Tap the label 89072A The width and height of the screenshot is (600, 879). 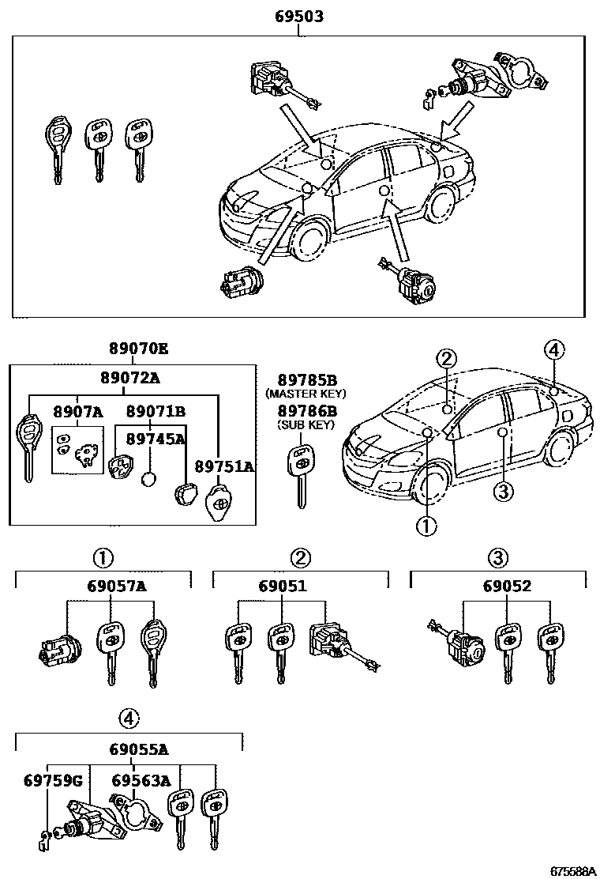(x=130, y=379)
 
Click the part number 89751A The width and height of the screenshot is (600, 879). (x=225, y=466)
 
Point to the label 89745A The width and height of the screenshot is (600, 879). (x=157, y=438)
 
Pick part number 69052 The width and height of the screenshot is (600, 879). (x=497, y=586)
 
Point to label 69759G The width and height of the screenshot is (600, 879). (x=49, y=780)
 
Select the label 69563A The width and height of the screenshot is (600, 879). (x=141, y=780)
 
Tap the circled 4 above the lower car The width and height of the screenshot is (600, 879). (x=554, y=350)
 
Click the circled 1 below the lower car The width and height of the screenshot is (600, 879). (x=426, y=526)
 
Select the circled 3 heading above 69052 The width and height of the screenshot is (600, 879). (x=497, y=558)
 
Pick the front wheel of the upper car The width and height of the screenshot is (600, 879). (x=308, y=236)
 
